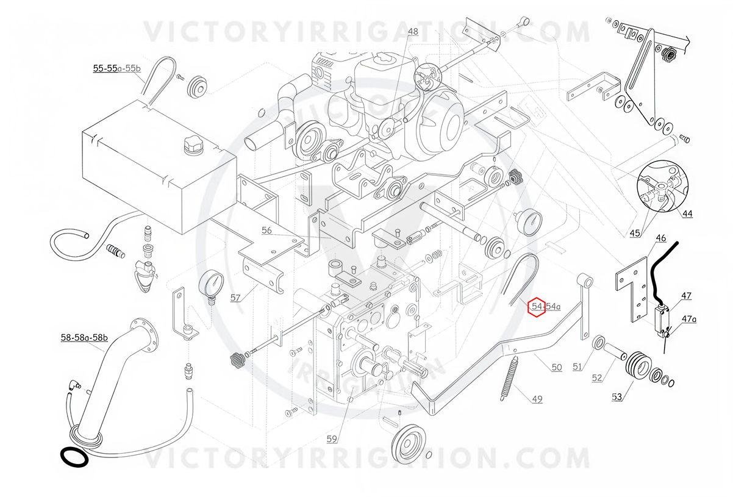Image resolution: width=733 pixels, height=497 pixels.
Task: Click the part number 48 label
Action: coord(413,32)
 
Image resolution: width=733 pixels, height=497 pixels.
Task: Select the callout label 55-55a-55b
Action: coord(117,68)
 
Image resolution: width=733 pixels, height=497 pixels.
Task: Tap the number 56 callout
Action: coord(266,231)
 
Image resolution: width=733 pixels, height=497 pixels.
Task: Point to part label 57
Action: coord(235,298)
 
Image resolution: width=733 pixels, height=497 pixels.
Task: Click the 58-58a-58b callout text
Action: coord(84,338)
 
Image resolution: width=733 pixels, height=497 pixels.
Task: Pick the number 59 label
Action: coord(332,439)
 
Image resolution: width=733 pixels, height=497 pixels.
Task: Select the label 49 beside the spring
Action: coord(537,399)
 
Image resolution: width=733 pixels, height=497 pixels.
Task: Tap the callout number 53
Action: coord(617,397)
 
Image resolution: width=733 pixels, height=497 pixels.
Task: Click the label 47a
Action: coord(689,319)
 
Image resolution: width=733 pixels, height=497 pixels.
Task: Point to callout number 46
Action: coord(661,238)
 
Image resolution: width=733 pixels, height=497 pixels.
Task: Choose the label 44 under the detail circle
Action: coord(687,213)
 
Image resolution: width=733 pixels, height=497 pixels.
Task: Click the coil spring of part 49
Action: coord(508,378)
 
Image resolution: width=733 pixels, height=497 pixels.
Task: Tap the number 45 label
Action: coord(635,234)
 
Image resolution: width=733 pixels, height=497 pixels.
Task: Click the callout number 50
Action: coord(557,367)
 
